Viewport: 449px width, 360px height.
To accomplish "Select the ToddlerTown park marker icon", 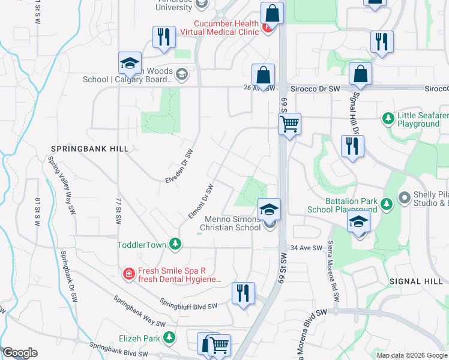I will (x=175, y=244).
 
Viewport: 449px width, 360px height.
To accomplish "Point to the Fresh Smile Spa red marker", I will (x=128, y=275).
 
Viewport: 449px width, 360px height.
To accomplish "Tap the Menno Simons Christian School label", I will (x=230, y=223).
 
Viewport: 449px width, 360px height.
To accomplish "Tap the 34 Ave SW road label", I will (x=302, y=248).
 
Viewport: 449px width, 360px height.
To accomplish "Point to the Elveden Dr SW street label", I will (x=181, y=166).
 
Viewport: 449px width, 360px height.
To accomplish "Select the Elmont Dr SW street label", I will (x=201, y=201).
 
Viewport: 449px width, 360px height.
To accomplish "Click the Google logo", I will (x=20, y=353).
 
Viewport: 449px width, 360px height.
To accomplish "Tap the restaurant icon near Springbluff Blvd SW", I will (x=243, y=293).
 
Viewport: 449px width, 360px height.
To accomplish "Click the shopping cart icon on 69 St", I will (x=289, y=124).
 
